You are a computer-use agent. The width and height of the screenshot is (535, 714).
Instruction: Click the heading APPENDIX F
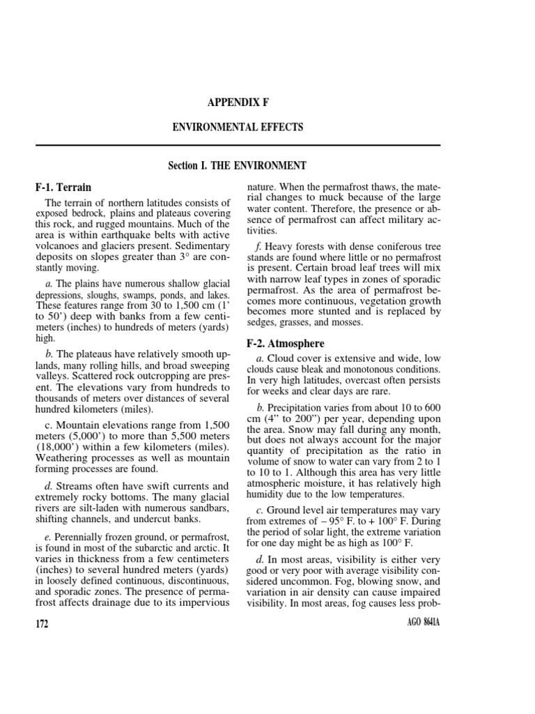(x=238, y=102)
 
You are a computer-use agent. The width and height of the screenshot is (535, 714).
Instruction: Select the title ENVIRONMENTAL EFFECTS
(x=238, y=128)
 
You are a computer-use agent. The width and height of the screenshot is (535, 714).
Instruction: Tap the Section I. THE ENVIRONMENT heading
(x=238, y=166)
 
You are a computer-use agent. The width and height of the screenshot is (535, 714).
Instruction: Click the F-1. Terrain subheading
(x=63, y=188)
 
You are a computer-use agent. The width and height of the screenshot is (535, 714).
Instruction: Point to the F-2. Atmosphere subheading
(x=286, y=344)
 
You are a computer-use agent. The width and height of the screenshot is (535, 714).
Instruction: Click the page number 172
(x=42, y=623)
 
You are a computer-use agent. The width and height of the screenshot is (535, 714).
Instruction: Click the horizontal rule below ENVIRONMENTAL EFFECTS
(x=238, y=145)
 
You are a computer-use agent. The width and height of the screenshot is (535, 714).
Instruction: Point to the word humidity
(x=267, y=494)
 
